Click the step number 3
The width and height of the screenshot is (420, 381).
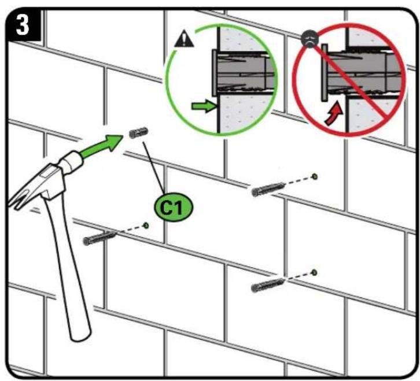click(23, 25)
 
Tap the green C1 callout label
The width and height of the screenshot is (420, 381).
click(174, 207)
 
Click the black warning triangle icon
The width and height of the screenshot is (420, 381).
click(185, 39)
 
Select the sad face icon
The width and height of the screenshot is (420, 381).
click(310, 39)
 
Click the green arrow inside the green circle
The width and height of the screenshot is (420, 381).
click(204, 106)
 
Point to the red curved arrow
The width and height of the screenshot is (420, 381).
click(334, 113)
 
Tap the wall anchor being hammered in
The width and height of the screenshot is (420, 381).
click(138, 132)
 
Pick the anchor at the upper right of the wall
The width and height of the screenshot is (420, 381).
click(268, 188)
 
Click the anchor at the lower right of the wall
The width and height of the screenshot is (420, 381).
click(268, 284)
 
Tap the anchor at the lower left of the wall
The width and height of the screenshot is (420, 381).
click(100, 238)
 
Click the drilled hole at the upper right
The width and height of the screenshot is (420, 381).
click(315, 176)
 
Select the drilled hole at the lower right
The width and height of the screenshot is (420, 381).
click(314, 273)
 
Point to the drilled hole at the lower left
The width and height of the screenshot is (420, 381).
click(146, 225)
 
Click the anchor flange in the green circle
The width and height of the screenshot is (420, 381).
click(215, 73)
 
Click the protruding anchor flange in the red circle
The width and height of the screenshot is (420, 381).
click(325, 73)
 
